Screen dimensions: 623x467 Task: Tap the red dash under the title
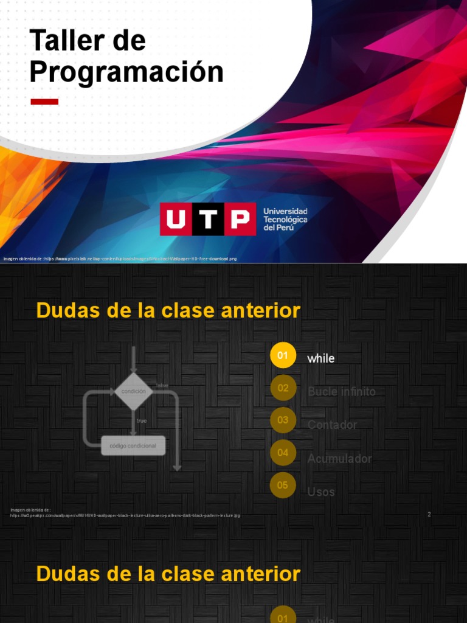44,102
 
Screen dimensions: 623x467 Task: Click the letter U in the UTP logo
176,219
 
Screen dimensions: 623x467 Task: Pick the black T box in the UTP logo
207,219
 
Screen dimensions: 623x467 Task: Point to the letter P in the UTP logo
240,219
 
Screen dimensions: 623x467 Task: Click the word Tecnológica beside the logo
285,219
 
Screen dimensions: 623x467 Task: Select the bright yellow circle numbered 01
283,355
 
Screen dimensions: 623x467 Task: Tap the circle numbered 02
283,388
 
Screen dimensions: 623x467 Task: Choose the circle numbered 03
283,420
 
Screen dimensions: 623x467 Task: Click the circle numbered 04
283,453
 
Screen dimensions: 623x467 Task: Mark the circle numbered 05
283,486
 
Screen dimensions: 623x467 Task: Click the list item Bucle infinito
342,392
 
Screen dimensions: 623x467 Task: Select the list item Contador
332,425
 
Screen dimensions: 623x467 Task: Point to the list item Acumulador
339,458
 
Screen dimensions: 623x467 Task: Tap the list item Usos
321,492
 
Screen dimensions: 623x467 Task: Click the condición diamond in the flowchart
134,391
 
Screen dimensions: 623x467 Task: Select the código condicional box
133,446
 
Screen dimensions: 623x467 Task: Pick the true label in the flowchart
141,421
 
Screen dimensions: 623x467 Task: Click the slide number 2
429,515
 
